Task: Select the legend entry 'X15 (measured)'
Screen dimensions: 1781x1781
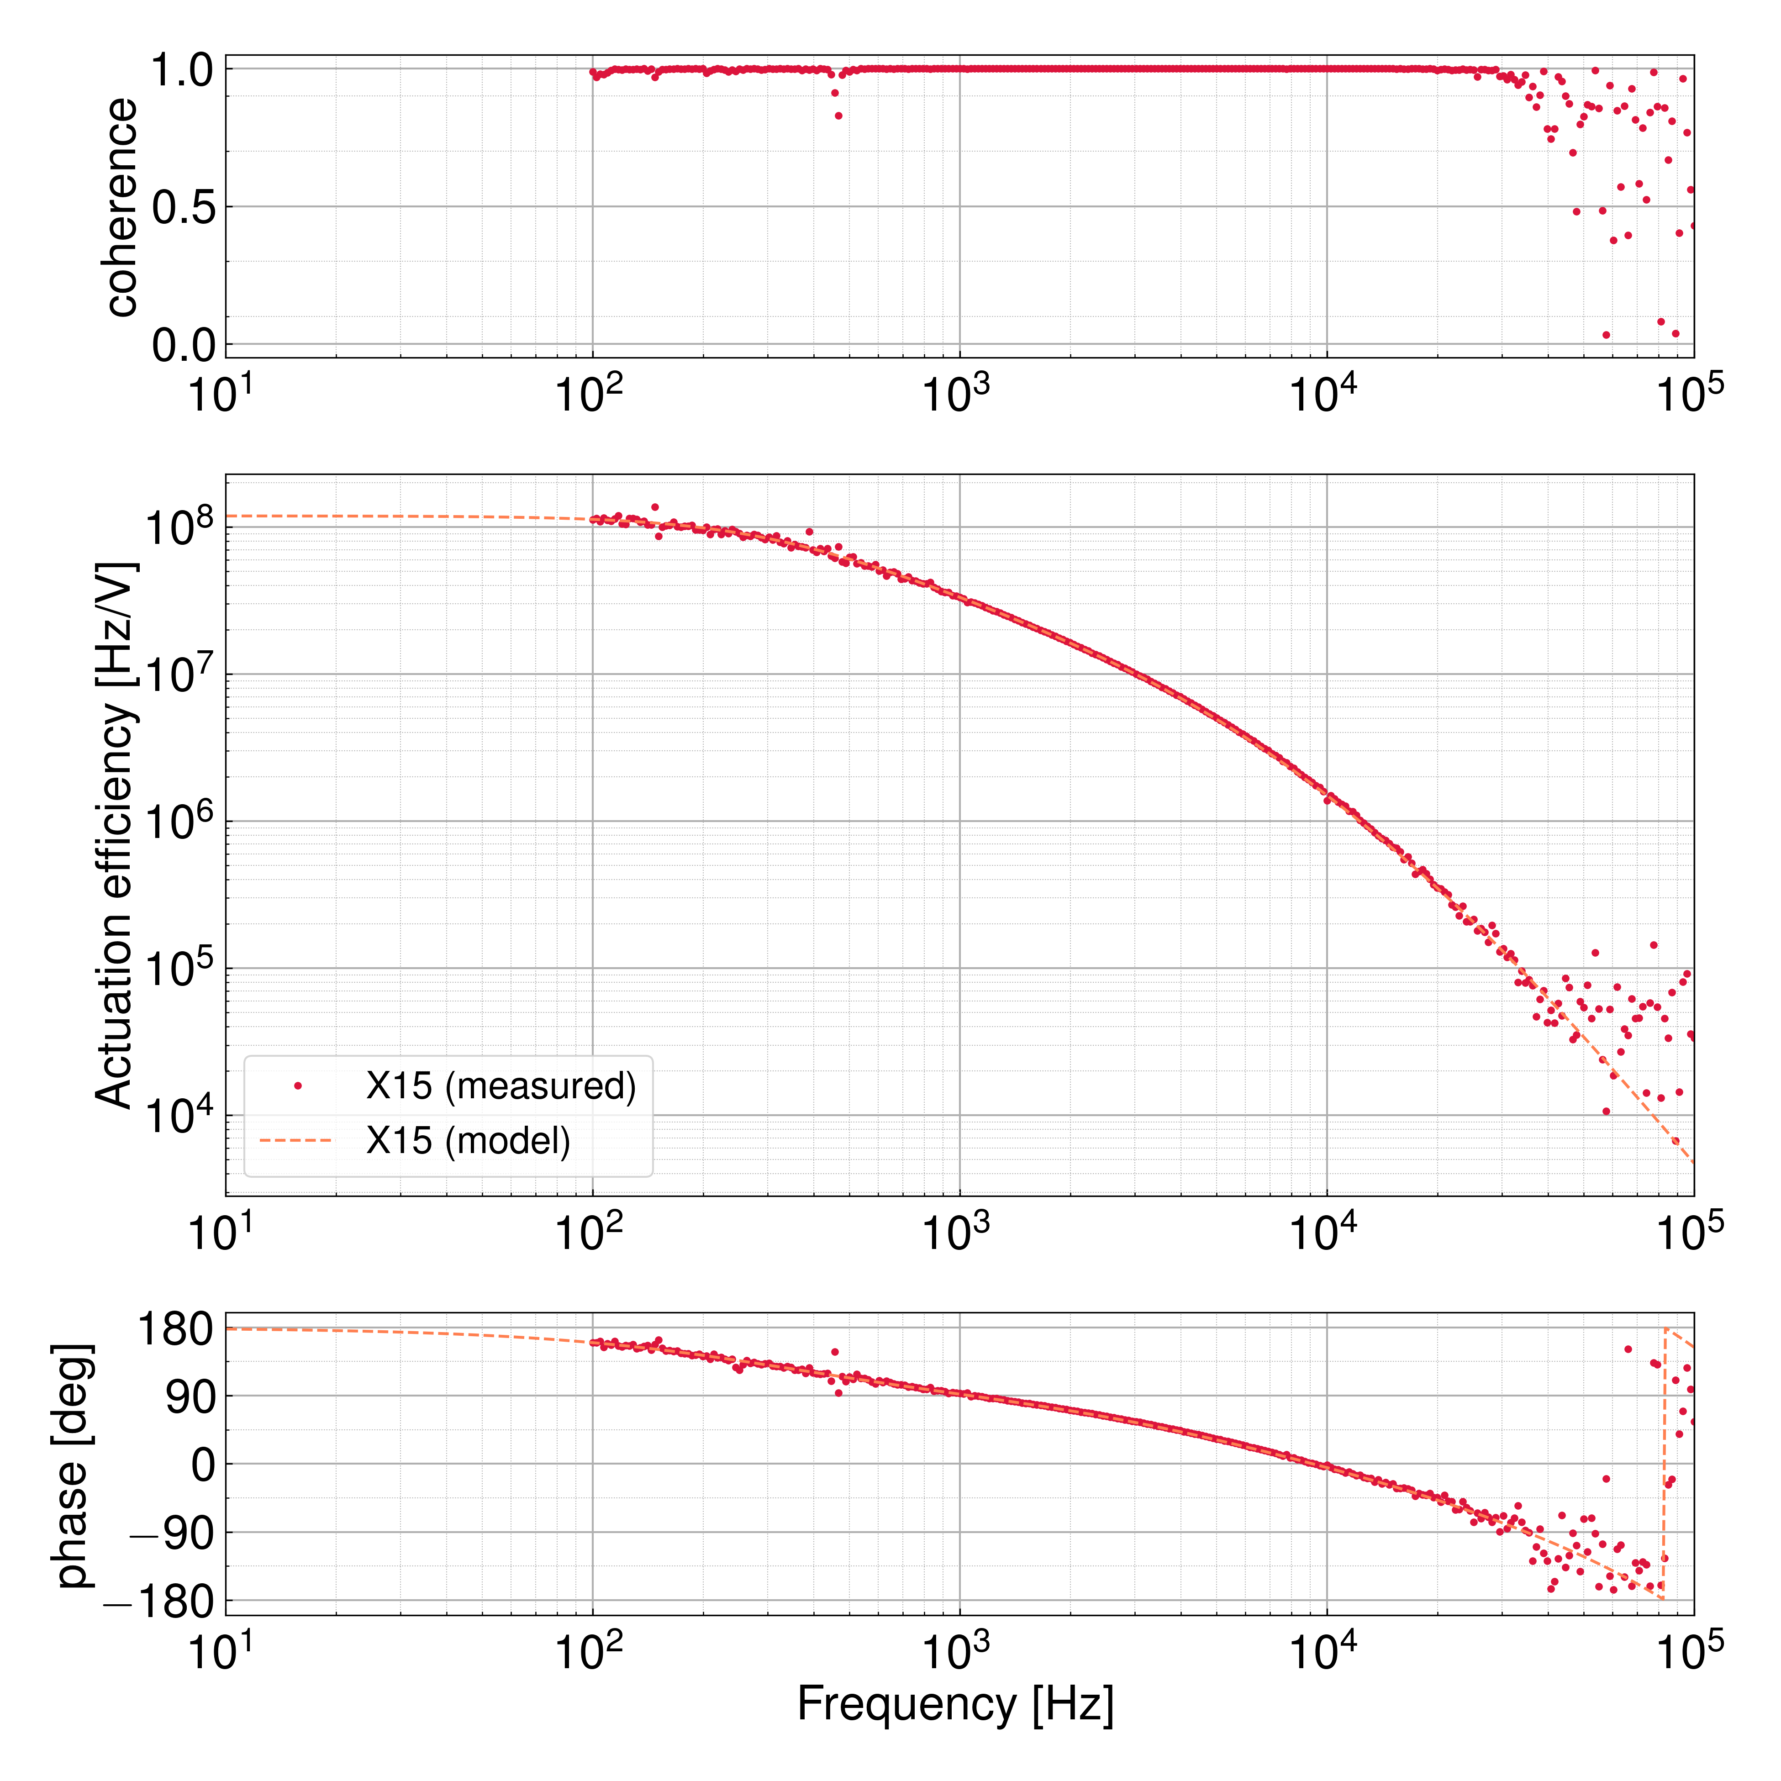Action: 501,1086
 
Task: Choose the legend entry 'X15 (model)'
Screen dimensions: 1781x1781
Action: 468,1141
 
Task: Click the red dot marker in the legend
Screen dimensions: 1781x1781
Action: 297,1086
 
